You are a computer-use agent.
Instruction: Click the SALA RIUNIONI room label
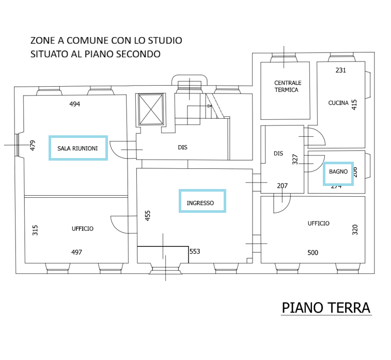click(78, 148)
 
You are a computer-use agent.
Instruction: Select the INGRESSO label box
click(202, 200)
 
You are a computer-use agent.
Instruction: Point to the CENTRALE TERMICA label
click(288, 86)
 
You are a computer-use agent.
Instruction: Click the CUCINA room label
click(338, 103)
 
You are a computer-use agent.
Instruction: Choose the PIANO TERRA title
click(326, 308)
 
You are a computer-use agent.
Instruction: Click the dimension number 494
click(75, 104)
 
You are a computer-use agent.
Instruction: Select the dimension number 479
click(32, 146)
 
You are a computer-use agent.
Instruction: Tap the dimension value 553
click(195, 252)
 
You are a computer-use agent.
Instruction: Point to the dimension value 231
click(340, 70)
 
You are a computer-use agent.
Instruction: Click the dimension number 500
click(312, 253)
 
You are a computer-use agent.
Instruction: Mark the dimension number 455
click(148, 215)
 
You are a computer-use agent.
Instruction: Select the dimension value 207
click(282, 186)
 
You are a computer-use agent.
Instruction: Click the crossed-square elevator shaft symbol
click(151, 109)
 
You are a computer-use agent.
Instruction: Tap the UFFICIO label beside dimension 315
click(83, 228)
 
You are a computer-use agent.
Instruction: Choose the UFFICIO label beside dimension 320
click(318, 223)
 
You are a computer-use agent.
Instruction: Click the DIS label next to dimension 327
click(278, 153)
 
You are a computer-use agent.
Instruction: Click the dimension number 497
click(77, 252)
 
